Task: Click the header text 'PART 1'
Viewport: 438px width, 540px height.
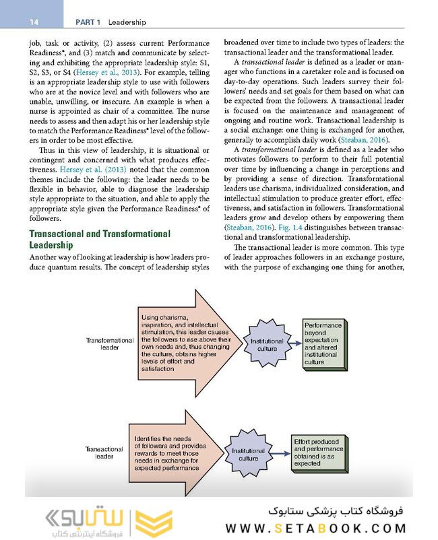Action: (x=88, y=22)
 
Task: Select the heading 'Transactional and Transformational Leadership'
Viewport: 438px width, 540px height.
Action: (x=98, y=239)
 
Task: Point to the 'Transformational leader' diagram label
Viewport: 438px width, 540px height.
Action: (x=110, y=344)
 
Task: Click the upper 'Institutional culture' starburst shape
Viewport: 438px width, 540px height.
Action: (x=266, y=345)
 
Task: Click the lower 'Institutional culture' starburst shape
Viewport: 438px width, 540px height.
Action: (x=248, y=454)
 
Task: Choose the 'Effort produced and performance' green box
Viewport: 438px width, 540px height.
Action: (x=318, y=452)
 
